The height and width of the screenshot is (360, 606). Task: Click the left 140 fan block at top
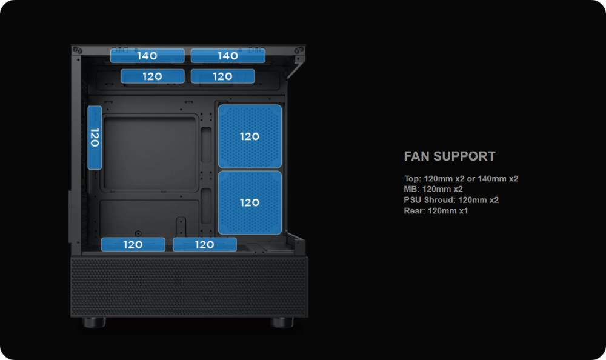tap(147, 56)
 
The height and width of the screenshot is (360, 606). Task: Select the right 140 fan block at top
tap(228, 56)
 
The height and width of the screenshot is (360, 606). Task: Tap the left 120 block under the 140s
tap(153, 76)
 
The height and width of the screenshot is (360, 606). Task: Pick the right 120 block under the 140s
tap(222, 76)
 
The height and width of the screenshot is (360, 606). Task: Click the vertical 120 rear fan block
tap(94, 138)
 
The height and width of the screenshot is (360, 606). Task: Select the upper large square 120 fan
tap(250, 136)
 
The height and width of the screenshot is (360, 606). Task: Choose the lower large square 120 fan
tap(250, 202)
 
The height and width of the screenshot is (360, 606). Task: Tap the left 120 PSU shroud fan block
tap(133, 245)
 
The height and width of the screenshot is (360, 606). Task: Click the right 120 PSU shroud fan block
tap(204, 245)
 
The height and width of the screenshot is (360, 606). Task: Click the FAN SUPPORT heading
tap(450, 156)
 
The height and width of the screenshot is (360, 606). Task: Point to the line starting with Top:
tap(461, 179)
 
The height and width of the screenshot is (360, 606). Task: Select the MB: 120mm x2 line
tap(433, 189)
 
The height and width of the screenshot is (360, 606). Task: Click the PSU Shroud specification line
tap(451, 200)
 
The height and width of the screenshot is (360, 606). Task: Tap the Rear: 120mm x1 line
tap(436, 211)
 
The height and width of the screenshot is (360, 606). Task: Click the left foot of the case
tap(94, 322)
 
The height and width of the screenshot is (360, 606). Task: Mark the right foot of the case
tap(282, 322)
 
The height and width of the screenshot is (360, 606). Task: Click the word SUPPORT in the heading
tap(466, 156)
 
